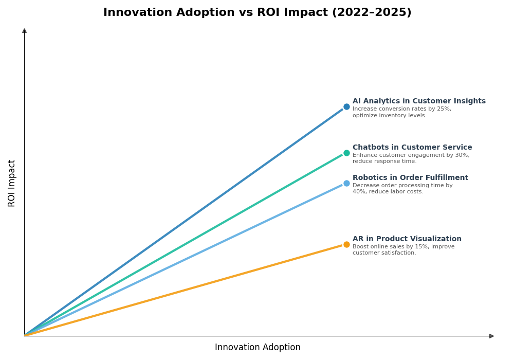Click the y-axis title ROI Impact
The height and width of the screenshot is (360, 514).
[12, 183]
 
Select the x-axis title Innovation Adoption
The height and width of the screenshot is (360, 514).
[258, 348]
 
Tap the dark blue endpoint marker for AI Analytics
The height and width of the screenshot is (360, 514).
[346, 107]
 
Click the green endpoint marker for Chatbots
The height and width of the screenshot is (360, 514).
[346, 153]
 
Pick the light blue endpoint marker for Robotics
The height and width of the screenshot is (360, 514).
[346, 183]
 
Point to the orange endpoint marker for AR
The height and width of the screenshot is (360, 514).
[346, 244]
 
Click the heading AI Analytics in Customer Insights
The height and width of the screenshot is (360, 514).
[419, 101]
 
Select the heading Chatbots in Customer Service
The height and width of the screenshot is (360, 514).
[412, 148]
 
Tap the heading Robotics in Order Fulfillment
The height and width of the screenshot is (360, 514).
[410, 178]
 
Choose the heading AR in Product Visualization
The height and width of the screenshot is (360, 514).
[407, 239]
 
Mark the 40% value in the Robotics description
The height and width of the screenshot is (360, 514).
[358, 192]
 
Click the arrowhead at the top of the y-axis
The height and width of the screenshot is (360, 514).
[24, 31]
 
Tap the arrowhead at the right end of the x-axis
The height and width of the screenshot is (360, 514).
[491, 336]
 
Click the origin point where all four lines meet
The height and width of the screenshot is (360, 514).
[25, 336]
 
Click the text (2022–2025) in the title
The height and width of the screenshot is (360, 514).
[371, 13]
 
